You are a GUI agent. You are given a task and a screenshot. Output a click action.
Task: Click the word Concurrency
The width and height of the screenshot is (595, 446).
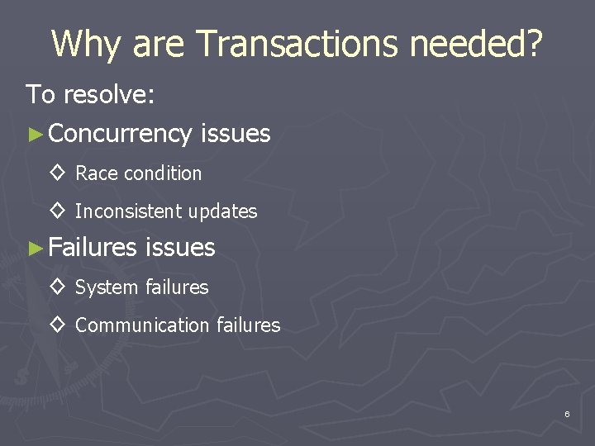click(121, 133)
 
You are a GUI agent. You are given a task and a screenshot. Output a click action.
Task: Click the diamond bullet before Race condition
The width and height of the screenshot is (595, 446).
click(57, 173)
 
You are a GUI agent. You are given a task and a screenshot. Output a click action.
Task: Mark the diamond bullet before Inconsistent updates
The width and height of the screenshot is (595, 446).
click(57, 211)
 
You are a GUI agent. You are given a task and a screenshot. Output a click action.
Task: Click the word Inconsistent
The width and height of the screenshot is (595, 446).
click(128, 211)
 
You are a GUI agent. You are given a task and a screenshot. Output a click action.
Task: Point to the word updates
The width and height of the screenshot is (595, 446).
click(222, 211)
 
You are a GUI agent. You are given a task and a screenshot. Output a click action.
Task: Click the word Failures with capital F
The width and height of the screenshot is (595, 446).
click(93, 247)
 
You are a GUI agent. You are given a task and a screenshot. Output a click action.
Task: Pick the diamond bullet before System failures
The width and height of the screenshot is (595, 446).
click(57, 287)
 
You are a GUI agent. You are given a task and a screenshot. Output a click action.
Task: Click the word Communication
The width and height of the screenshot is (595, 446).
click(142, 325)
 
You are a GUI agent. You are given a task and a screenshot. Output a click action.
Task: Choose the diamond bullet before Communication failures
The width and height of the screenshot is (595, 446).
click(57, 325)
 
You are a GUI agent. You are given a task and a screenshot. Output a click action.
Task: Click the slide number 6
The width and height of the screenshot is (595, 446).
click(568, 413)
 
